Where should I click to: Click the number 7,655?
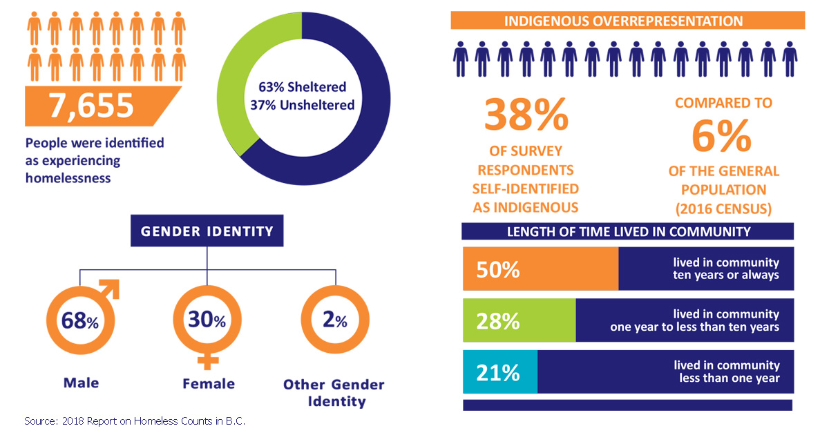pyautogui.click(x=90, y=106)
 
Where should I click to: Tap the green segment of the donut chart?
pyautogui.click(x=239, y=83)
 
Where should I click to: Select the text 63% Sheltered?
pyautogui.click(x=302, y=88)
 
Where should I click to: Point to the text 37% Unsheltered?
pyautogui.click(x=302, y=105)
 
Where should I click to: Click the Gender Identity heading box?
pyautogui.click(x=207, y=231)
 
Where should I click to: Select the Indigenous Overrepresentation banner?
pyautogui.click(x=627, y=21)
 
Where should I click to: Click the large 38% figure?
pyautogui.click(x=526, y=115)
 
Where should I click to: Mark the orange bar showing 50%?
pyautogui.click(x=540, y=269)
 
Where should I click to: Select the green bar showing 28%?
pyautogui.click(x=519, y=320)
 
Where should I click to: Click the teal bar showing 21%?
pyautogui.click(x=499, y=372)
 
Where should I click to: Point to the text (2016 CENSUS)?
pyautogui.click(x=723, y=208)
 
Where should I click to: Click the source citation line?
pyautogui.click(x=135, y=420)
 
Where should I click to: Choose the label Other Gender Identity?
pyautogui.click(x=334, y=392)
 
